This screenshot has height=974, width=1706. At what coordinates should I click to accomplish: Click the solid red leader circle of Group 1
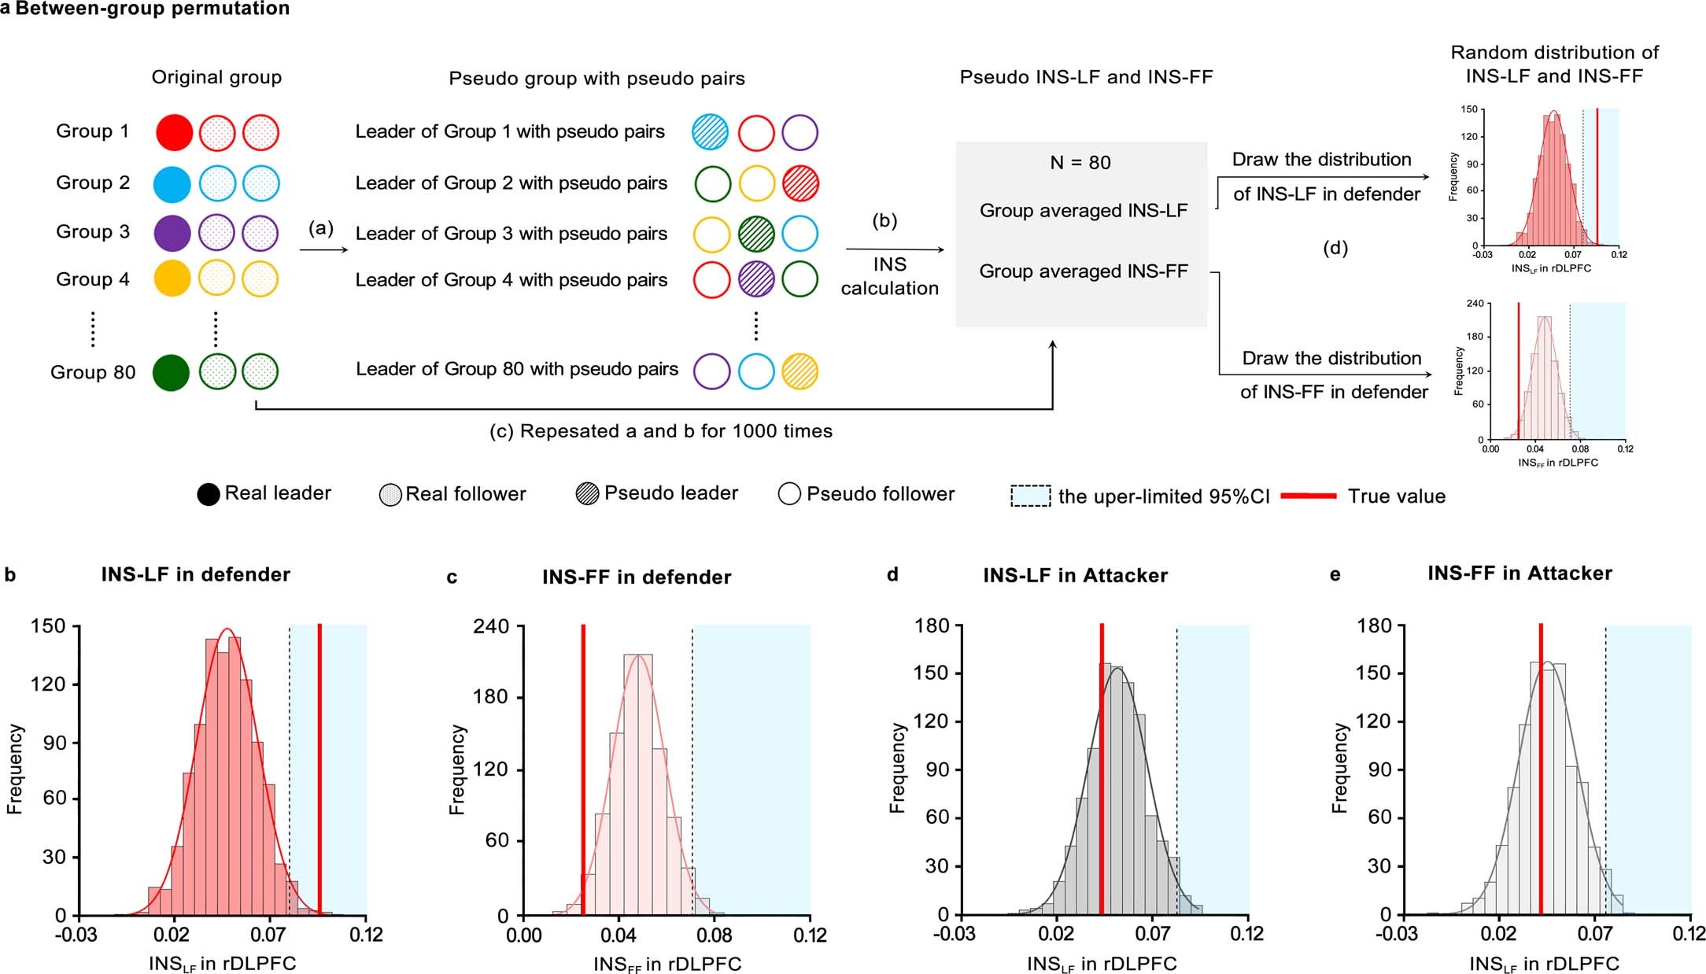tap(174, 132)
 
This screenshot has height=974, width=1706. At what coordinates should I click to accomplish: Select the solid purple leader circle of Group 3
tap(172, 234)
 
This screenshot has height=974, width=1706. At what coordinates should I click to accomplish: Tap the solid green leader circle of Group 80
tap(171, 372)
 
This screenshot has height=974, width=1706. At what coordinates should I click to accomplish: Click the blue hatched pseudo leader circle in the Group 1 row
tap(710, 132)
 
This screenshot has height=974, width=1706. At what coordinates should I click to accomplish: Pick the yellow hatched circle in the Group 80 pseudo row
tap(799, 371)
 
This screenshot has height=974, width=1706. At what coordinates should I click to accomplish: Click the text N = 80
tap(1080, 163)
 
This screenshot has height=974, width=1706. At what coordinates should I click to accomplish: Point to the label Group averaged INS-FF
tap(1083, 271)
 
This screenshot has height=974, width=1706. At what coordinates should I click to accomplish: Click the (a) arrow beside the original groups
tap(323, 249)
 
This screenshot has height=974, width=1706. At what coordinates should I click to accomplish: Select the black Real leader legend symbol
tap(209, 494)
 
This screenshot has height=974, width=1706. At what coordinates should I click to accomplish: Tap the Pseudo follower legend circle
tap(789, 494)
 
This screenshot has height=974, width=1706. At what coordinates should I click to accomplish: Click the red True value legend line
tap(1308, 496)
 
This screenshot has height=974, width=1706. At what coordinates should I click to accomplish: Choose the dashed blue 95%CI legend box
tap(1030, 496)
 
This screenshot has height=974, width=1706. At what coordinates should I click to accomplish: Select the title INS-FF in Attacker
tap(1520, 574)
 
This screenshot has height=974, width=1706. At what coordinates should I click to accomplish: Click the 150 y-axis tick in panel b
tap(49, 626)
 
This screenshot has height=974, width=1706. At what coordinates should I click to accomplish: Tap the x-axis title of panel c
tap(667, 964)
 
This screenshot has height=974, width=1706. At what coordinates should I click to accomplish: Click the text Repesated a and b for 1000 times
tap(661, 431)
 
